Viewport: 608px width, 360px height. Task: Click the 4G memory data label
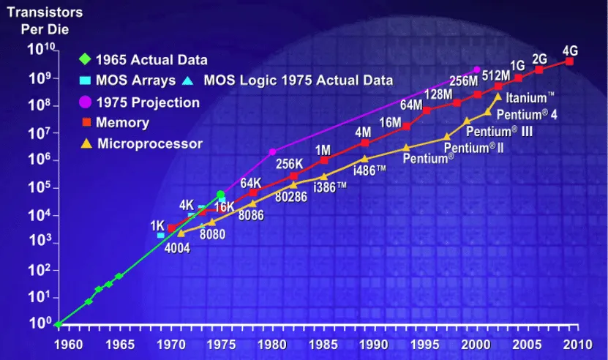click(570, 50)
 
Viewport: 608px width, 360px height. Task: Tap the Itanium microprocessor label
click(526, 97)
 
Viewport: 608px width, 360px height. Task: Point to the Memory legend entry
click(121, 123)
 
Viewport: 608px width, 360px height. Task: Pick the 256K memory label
click(289, 163)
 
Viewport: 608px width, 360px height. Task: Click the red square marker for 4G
click(569, 61)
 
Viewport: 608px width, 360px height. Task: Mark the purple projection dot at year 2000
click(476, 70)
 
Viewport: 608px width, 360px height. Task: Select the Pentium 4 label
click(527, 114)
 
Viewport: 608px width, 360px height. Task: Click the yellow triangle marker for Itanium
click(498, 97)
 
